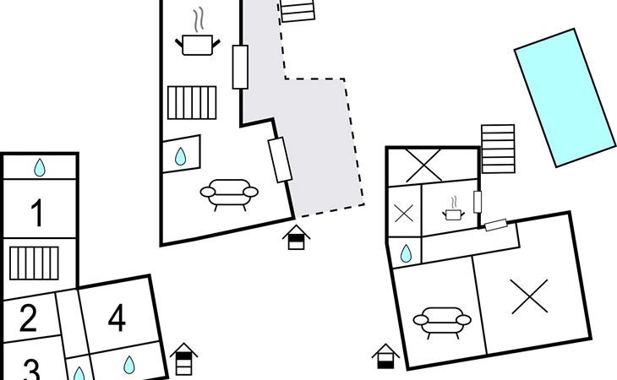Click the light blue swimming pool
tap(565, 96)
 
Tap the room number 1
tap(36, 214)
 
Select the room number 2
tap(28, 319)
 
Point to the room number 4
tap(117, 318)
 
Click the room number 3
tap(30, 370)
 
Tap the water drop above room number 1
tap(40, 168)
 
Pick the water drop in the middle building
tap(181, 156)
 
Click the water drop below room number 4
tap(129, 365)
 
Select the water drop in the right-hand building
tap(407, 252)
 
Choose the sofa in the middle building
tap(229, 193)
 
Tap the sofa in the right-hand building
tap(441, 320)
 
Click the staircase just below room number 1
tap(34, 263)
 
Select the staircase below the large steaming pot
tap(192, 103)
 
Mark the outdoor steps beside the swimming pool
tap(498, 148)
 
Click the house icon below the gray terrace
tap(296, 237)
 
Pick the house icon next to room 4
tap(183, 359)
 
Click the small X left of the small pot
tap(404, 213)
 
